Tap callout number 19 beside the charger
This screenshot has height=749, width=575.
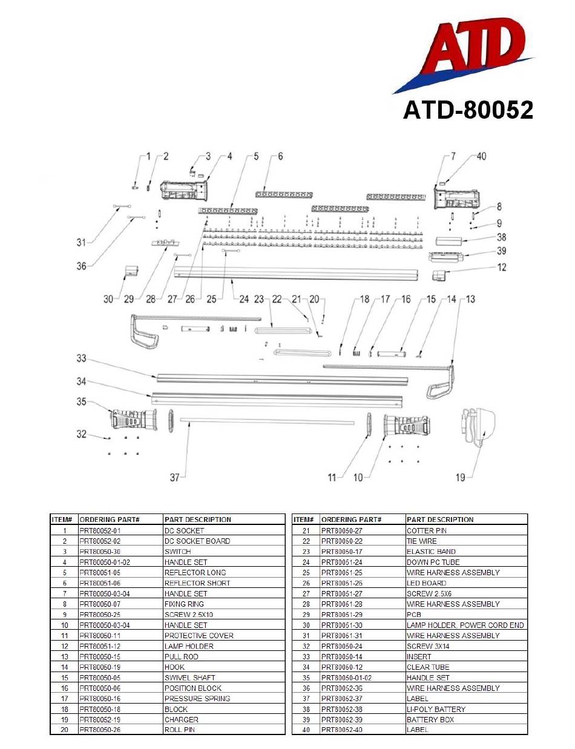(461, 478)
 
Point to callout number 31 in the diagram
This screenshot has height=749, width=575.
(81, 243)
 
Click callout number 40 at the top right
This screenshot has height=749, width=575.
(481, 156)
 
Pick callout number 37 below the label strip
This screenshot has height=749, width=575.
(174, 478)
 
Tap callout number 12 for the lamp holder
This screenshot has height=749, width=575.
(502, 268)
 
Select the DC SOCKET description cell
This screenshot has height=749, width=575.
(185, 530)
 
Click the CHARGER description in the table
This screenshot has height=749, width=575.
(182, 719)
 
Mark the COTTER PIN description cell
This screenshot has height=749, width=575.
(427, 530)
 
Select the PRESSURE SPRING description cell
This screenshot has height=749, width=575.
(197, 699)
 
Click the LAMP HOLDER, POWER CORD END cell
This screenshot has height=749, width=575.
(465, 625)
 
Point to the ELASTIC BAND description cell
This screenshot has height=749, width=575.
(431, 552)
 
